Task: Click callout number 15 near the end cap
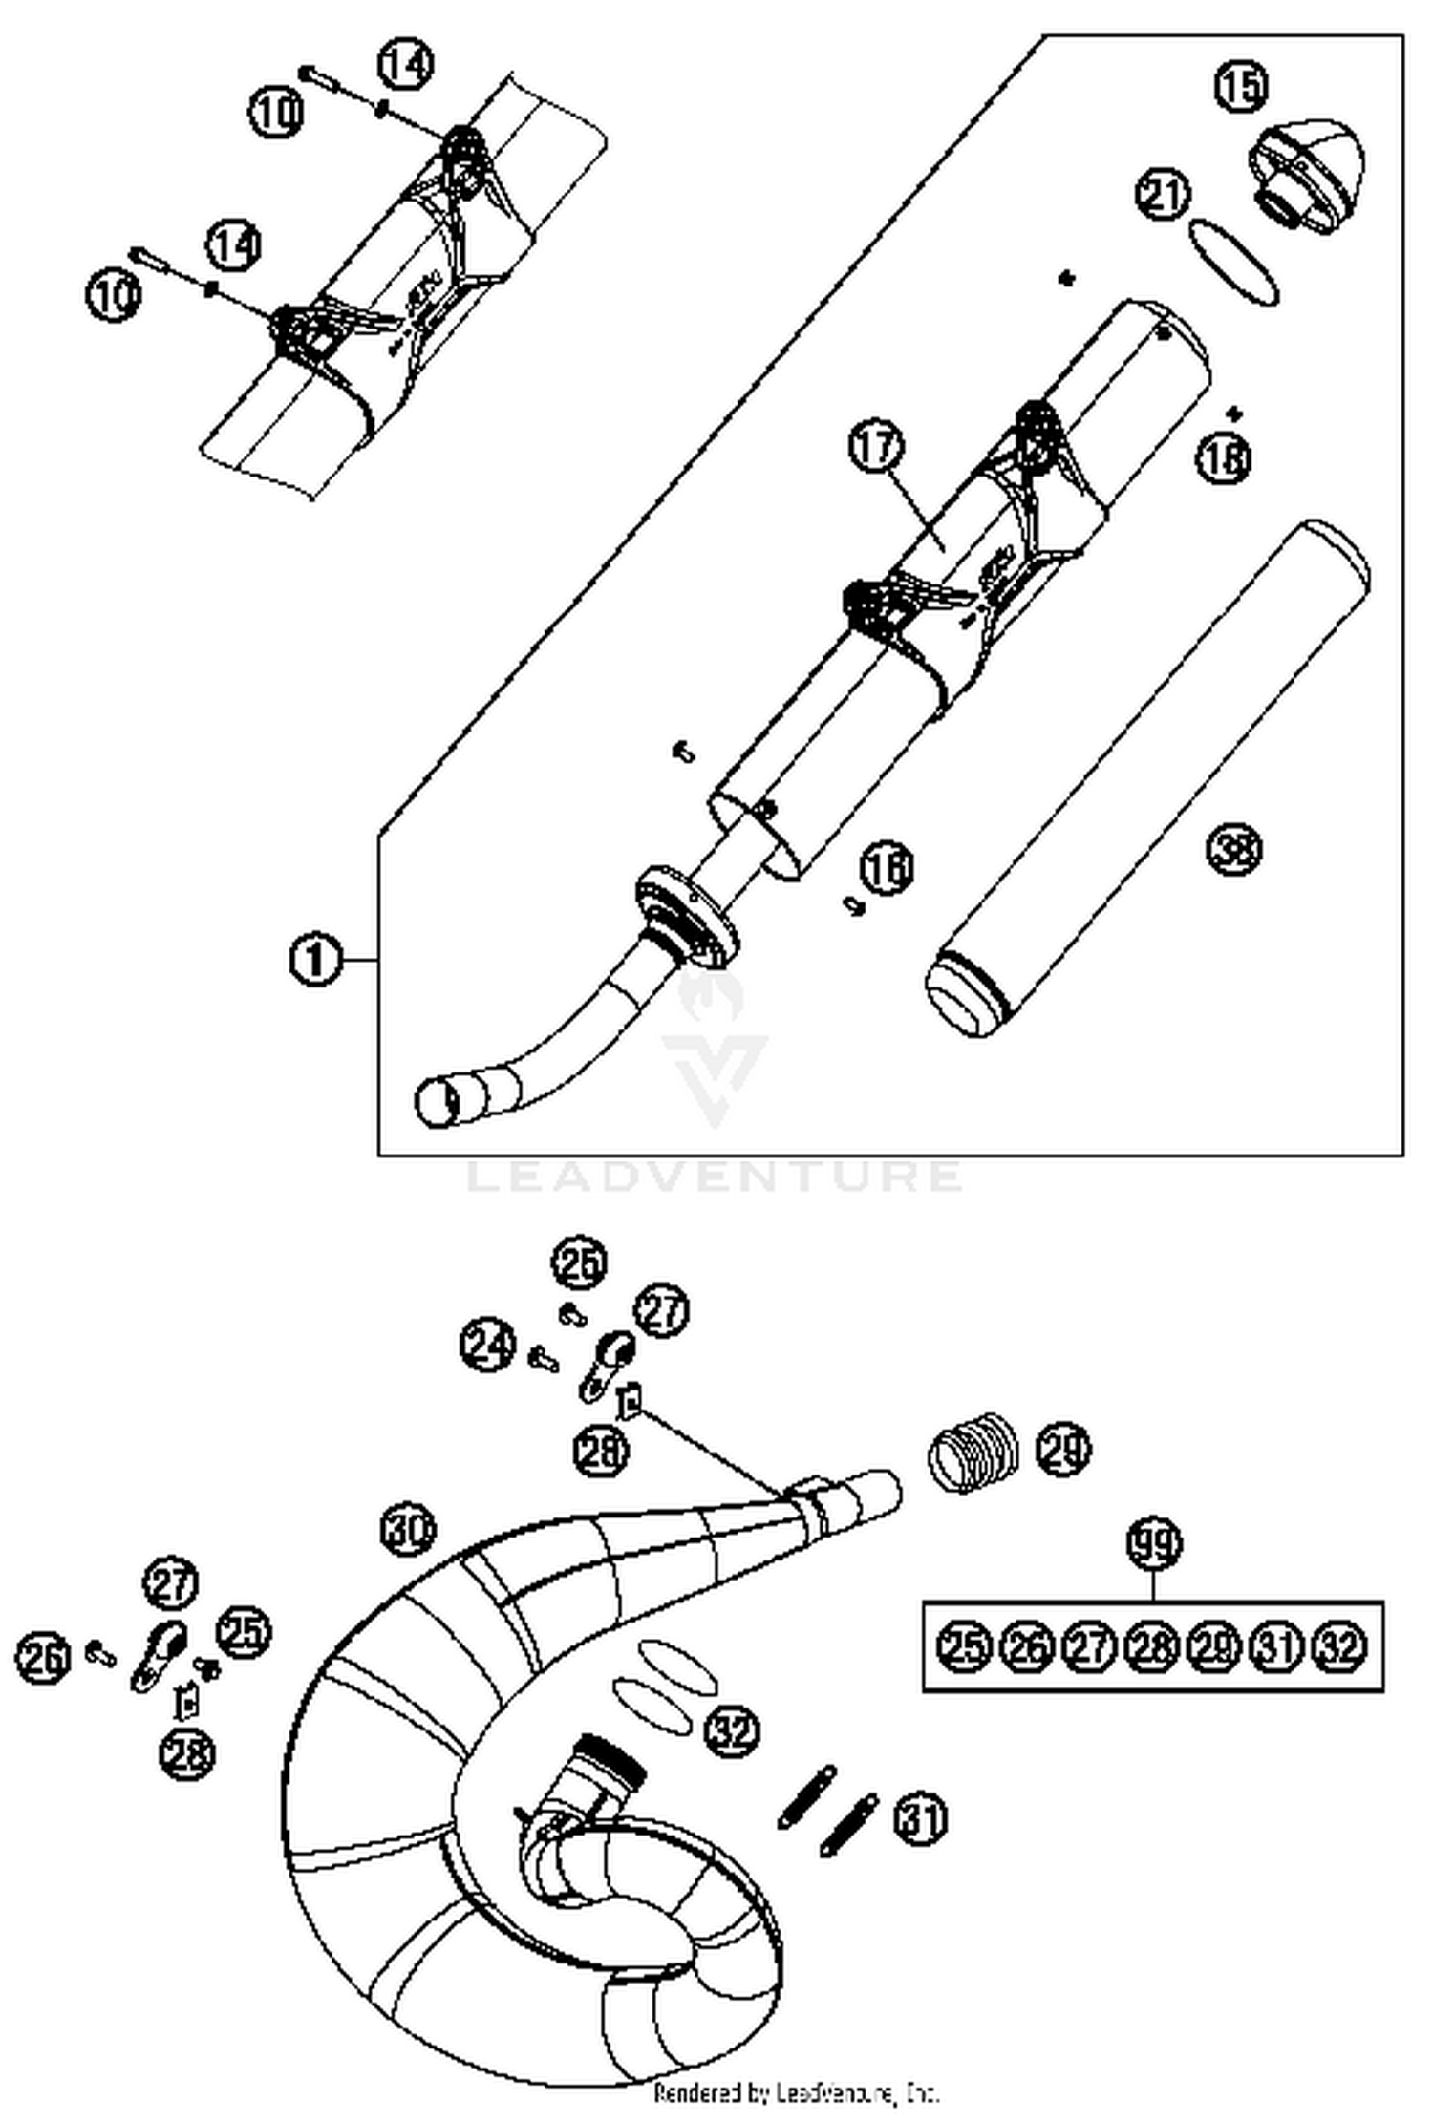pyautogui.click(x=1241, y=86)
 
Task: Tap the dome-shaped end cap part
pyautogui.click(x=1309, y=177)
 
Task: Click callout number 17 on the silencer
pyautogui.click(x=876, y=447)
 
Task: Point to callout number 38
pyautogui.click(x=1233, y=849)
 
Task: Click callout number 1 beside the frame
pyautogui.click(x=315, y=958)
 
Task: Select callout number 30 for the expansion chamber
pyautogui.click(x=409, y=1530)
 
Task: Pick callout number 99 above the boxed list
pyautogui.click(x=1154, y=1544)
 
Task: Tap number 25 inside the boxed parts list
pyautogui.click(x=964, y=1646)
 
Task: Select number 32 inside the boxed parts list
pyautogui.click(x=1340, y=1646)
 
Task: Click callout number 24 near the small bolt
pyautogui.click(x=487, y=1344)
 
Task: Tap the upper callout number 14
pyautogui.click(x=405, y=64)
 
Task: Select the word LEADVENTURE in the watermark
pyautogui.click(x=715, y=1176)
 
